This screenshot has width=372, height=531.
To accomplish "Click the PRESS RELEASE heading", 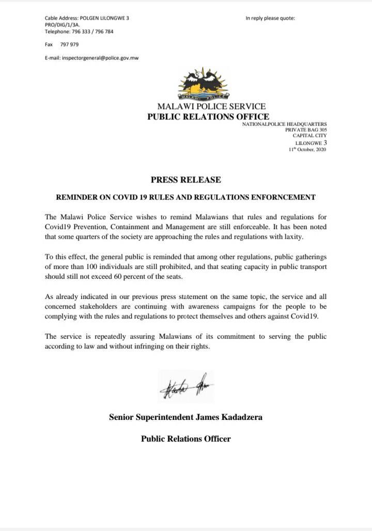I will click(185, 180).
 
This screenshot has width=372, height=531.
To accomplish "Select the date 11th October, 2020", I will click(307, 149).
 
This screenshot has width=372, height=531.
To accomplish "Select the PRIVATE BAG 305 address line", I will click(306, 130).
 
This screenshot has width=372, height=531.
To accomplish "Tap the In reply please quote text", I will click(270, 18).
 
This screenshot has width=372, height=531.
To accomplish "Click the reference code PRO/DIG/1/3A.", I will click(63, 25).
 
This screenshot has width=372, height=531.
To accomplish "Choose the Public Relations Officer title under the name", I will click(185, 439).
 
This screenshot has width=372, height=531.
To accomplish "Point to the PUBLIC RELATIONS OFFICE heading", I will click(208, 117).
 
